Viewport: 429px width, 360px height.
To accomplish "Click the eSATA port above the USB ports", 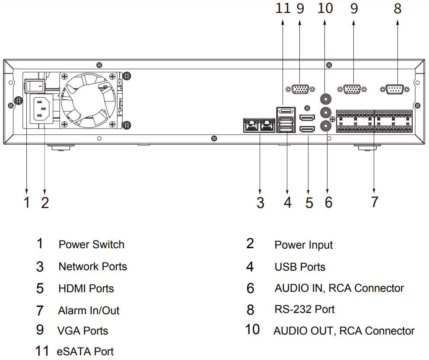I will (x=286, y=111).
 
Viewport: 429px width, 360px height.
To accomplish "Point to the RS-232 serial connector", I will (x=392, y=89).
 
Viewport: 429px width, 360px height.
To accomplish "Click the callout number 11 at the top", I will (x=283, y=9).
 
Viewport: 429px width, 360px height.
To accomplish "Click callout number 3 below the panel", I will (x=260, y=202).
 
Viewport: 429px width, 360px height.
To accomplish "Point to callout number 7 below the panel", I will (x=374, y=202).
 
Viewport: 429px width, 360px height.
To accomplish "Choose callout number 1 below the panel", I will (x=27, y=202).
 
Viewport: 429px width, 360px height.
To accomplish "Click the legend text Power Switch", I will (x=91, y=244).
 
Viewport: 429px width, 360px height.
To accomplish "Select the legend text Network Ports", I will (x=92, y=266).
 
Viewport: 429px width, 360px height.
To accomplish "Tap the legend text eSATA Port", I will (x=85, y=351).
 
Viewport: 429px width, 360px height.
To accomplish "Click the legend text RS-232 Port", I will (x=304, y=309).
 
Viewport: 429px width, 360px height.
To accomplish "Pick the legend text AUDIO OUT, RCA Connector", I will (x=344, y=331).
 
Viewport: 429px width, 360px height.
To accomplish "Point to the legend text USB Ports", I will (x=300, y=267).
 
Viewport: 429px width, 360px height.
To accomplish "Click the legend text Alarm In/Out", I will (x=89, y=310).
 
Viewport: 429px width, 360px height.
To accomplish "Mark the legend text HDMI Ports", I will (x=86, y=288).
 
